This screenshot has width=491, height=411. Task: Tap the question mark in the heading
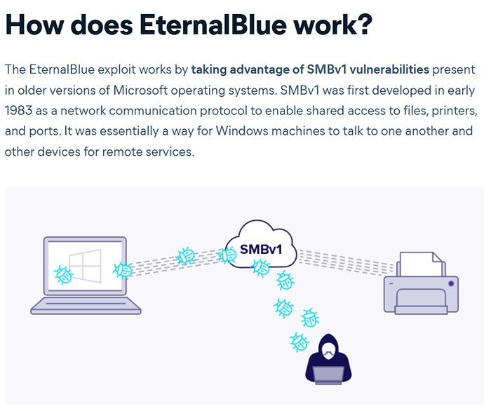(364, 24)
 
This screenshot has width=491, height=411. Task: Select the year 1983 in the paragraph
(18, 111)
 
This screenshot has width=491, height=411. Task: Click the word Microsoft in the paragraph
(140, 90)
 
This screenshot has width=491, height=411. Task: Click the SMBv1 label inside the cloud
(261, 250)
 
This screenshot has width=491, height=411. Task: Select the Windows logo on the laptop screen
(85, 266)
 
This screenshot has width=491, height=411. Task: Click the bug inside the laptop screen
(64, 275)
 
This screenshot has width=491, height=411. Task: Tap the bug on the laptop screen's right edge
(123, 270)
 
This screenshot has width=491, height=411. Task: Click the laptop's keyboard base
(86, 306)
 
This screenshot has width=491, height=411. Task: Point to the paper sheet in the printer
(421, 264)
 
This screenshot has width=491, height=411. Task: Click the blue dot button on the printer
(451, 283)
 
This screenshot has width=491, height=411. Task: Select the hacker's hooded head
(328, 346)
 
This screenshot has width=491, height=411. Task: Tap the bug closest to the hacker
(300, 342)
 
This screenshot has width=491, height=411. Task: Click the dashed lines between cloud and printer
(346, 262)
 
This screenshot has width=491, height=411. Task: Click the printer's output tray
(421, 310)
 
